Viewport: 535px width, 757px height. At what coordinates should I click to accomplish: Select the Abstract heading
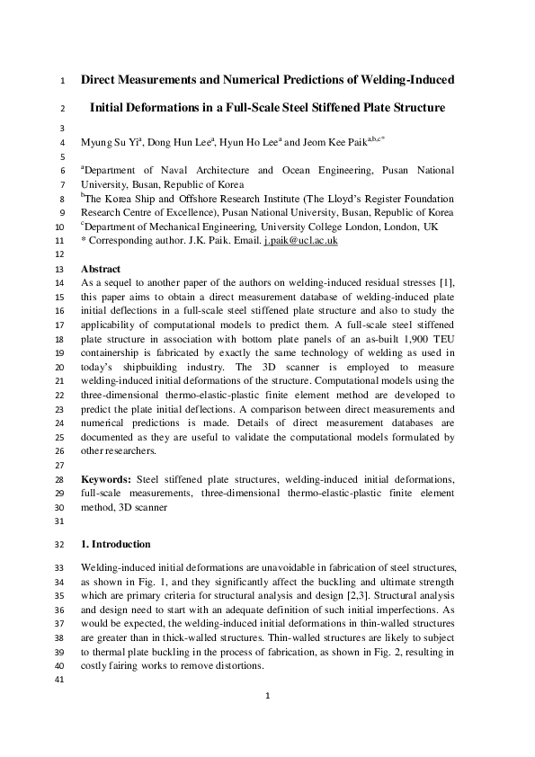[x=101, y=269]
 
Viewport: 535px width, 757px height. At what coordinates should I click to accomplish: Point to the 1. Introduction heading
[x=115, y=544]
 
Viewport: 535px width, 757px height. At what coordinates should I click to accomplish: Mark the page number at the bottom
[x=267, y=719]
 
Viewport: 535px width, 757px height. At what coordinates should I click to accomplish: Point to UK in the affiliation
[x=431, y=227]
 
